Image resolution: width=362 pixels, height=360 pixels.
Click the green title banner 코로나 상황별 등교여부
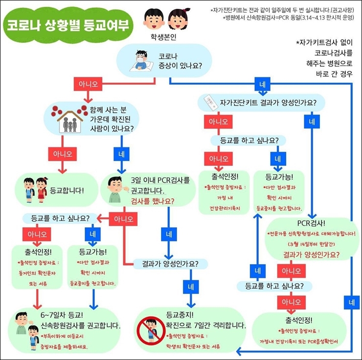[x=68, y=25]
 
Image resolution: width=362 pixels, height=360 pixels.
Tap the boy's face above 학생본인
[x=154, y=19]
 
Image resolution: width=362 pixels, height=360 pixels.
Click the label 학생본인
[x=165, y=37]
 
